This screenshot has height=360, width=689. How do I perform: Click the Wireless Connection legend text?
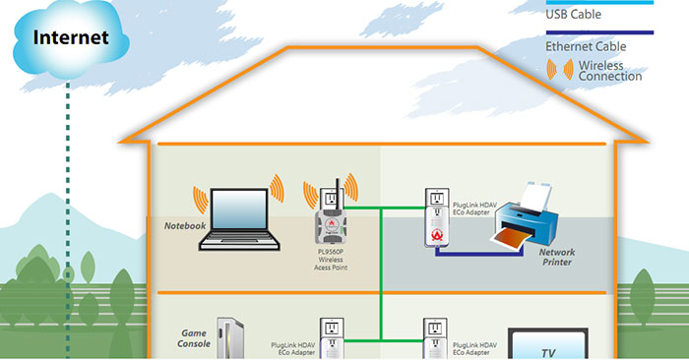point(610,71)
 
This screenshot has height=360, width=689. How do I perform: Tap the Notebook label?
point(184,226)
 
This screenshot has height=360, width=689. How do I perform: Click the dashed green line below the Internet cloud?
point(67,197)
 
